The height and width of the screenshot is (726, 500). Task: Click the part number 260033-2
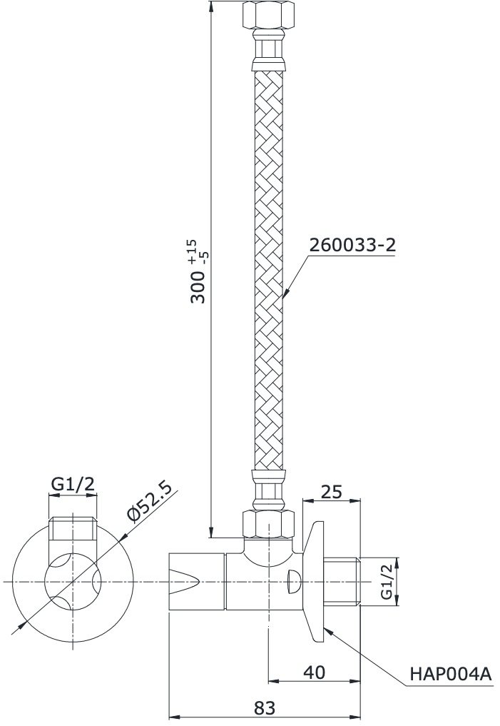[352, 245]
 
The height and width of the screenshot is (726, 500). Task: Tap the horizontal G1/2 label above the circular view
[72, 484]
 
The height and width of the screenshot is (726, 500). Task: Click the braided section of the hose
[268, 271]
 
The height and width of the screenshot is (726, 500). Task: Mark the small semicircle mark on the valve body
[292, 581]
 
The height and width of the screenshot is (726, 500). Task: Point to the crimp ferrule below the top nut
[267, 50]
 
